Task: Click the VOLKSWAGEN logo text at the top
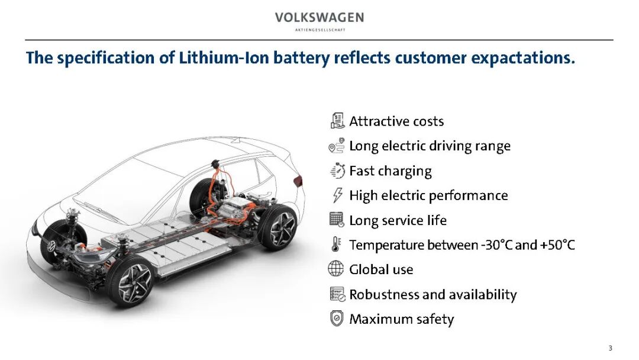click(x=319, y=18)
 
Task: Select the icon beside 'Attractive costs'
click(x=337, y=121)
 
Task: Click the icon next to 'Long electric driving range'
click(x=336, y=146)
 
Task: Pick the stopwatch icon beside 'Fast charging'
click(x=337, y=171)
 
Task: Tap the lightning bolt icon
click(x=337, y=195)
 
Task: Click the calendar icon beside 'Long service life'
click(x=337, y=220)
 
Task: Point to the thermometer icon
click(x=337, y=245)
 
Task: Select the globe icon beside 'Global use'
click(x=336, y=269)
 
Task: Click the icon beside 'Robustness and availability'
click(x=337, y=294)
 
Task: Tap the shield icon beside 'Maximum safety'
click(x=337, y=319)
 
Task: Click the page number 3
click(x=610, y=348)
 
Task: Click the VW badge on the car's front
click(x=52, y=245)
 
